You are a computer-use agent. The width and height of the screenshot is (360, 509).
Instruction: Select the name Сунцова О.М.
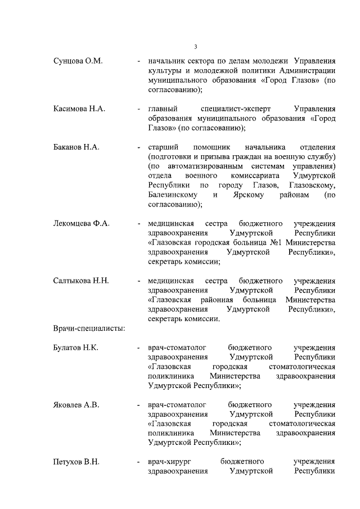click(x=78, y=61)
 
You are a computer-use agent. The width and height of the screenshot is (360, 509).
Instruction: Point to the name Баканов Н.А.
click(x=76, y=147)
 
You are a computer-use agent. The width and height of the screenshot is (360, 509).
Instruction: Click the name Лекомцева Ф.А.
click(x=81, y=223)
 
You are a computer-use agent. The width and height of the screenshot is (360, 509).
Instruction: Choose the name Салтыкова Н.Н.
click(x=81, y=281)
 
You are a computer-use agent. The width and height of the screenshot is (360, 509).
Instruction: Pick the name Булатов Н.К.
click(x=76, y=348)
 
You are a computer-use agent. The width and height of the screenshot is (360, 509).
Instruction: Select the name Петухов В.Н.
click(x=76, y=462)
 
